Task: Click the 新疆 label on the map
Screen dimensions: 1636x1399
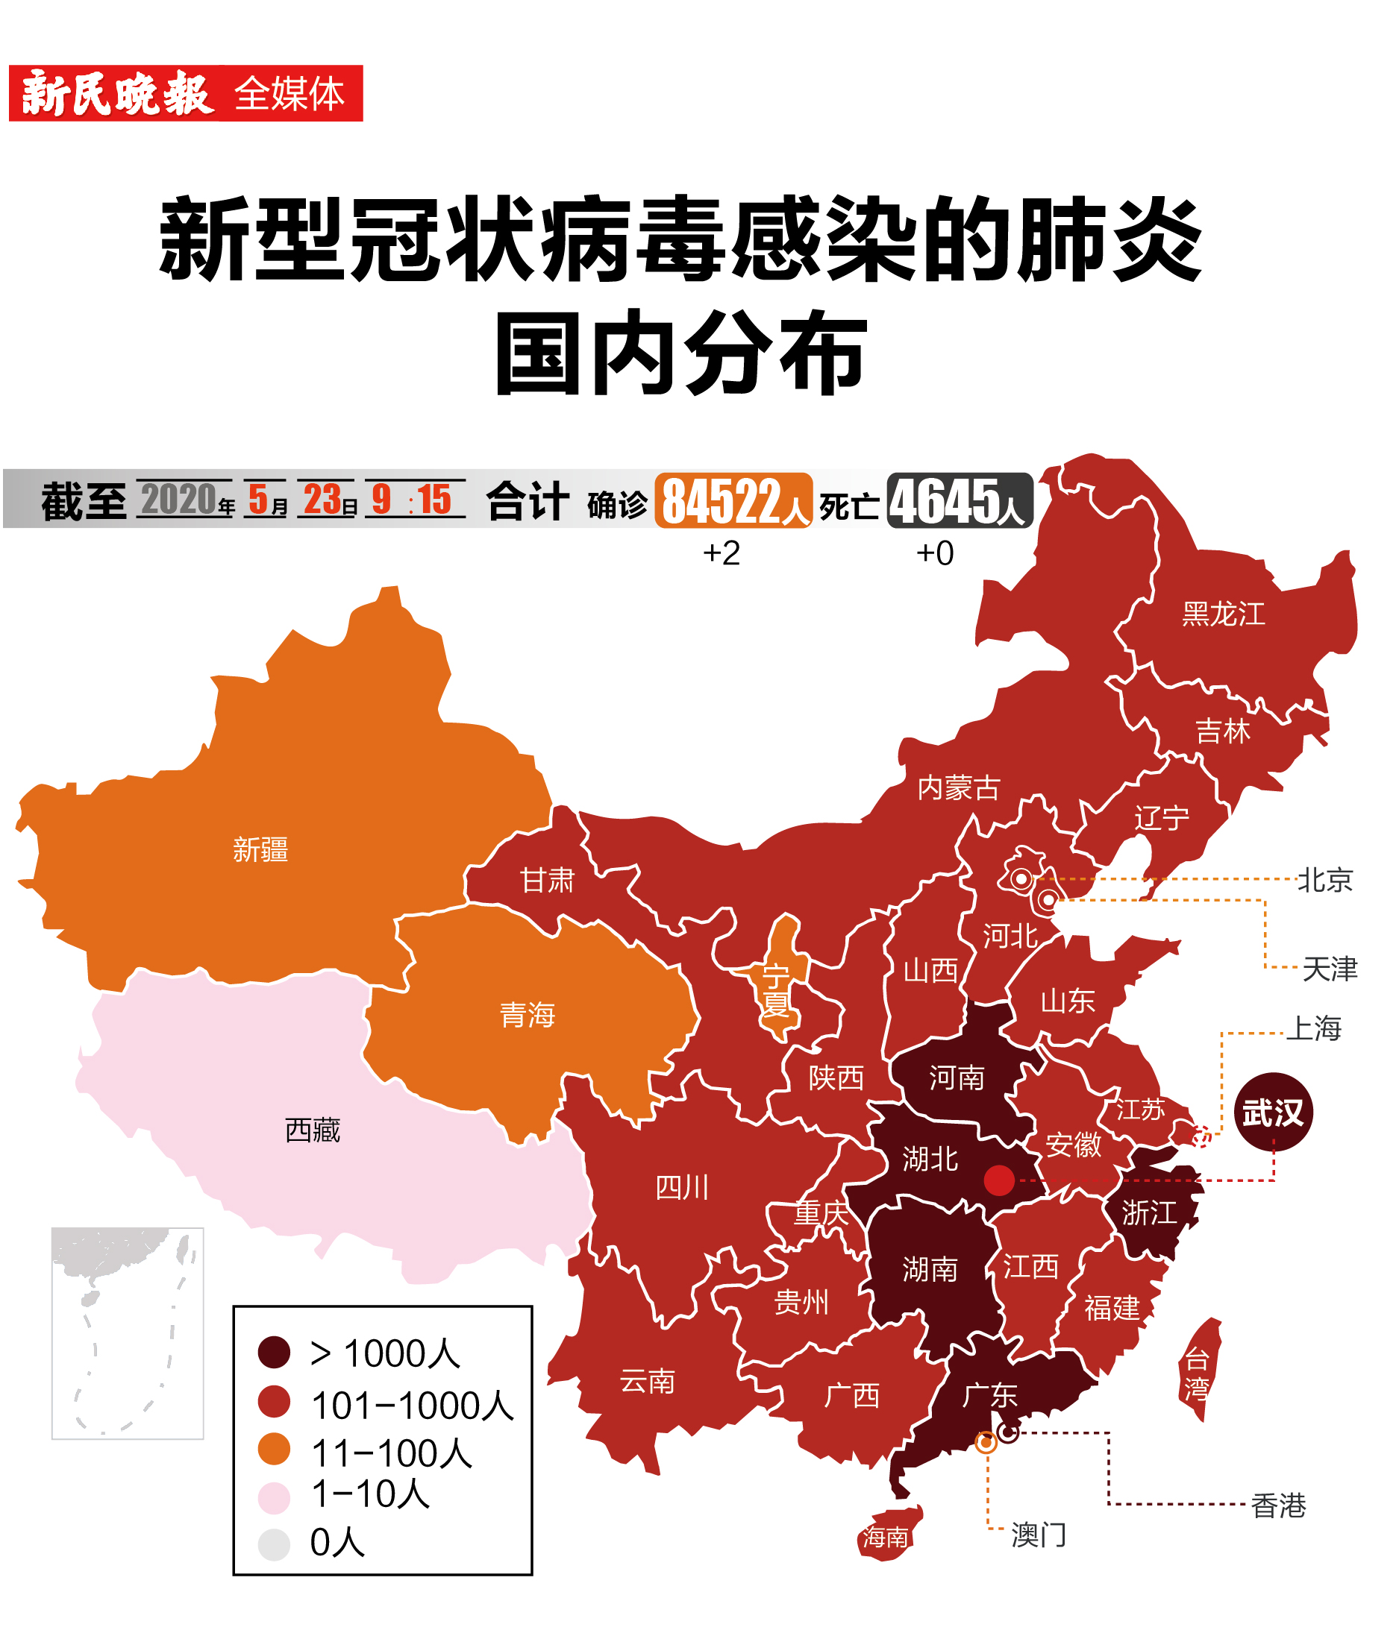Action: pos(260,849)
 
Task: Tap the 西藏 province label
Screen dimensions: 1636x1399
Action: pos(312,1130)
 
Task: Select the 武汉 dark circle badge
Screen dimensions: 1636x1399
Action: pos(1273,1112)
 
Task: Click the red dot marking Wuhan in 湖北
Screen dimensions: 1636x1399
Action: pos(998,1180)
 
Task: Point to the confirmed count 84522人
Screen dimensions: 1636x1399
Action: pos(733,500)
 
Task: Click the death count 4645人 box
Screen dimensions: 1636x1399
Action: pos(959,500)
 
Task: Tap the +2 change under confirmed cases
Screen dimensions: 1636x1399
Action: pos(722,553)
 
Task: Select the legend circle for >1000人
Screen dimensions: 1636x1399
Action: pos(274,1352)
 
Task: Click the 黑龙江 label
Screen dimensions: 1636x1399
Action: pos(1223,614)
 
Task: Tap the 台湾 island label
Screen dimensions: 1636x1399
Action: pos(1196,1373)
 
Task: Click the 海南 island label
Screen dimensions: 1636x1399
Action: pos(885,1537)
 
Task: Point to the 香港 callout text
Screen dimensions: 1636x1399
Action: pos(1278,1506)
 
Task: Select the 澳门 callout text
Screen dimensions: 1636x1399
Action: pos(1038,1535)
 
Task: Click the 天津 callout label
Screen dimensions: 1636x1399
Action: pos(1329,969)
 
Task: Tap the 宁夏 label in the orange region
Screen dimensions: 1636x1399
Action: pos(776,990)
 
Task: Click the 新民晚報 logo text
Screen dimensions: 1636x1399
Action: pos(117,93)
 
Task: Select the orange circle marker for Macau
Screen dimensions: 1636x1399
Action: pos(985,1443)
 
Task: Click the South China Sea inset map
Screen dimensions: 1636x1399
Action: pos(127,1333)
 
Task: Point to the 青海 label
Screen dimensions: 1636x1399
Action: pos(527,1015)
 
